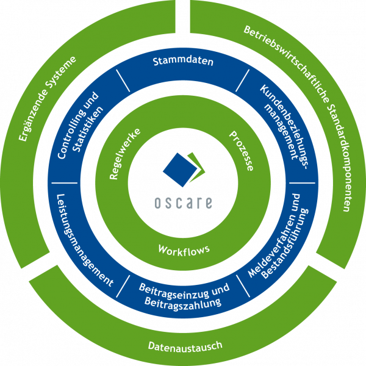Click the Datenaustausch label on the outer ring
coord(185,346)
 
